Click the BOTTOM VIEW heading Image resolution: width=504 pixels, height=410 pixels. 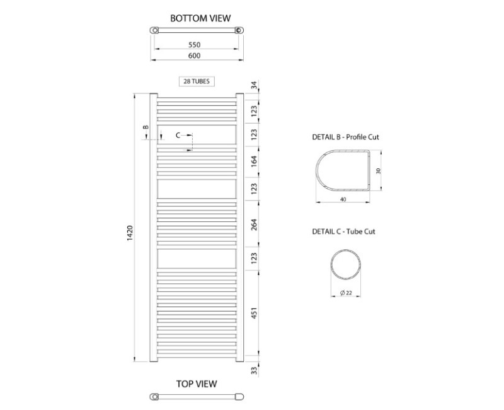pos(200,18)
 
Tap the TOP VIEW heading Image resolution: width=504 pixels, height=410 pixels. pos(197,384)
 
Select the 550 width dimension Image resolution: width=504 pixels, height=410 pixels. pos(195,45)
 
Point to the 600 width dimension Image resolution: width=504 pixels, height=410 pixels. pos(195,56)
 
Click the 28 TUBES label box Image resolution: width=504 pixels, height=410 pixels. pos(197,81)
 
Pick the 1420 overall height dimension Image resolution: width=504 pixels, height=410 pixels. pos(130,233)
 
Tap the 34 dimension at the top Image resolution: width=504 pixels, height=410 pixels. pos(254,86)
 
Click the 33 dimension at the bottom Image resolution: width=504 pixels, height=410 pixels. pos(255,370)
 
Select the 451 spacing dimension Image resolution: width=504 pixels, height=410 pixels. pos(255,313)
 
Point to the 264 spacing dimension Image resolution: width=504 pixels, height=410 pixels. pos(255,225)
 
